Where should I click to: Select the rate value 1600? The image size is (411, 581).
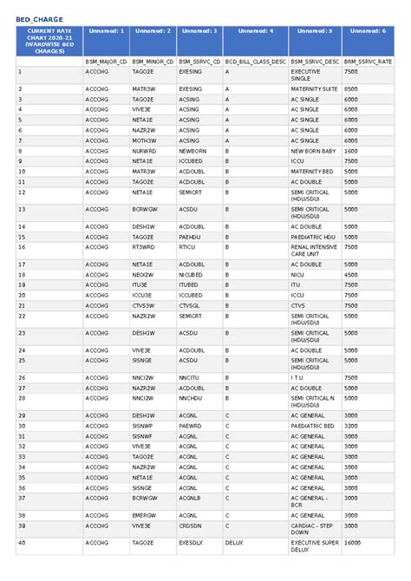(x=351, y=150)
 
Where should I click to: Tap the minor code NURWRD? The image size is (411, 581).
(x=144, y=150)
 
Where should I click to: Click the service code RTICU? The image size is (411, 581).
(x=187, y=246)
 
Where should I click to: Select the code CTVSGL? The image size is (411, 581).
(x=190, y=305)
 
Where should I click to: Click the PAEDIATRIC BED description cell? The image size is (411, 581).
(x=313, y=426)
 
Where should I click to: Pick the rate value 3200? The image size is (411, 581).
(x=351, y=426)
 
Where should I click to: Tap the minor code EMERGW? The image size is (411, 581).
(x=144, y=515)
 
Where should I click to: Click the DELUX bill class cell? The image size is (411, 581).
(x=233, y=544)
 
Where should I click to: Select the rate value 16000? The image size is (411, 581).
(x=353, y=544)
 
